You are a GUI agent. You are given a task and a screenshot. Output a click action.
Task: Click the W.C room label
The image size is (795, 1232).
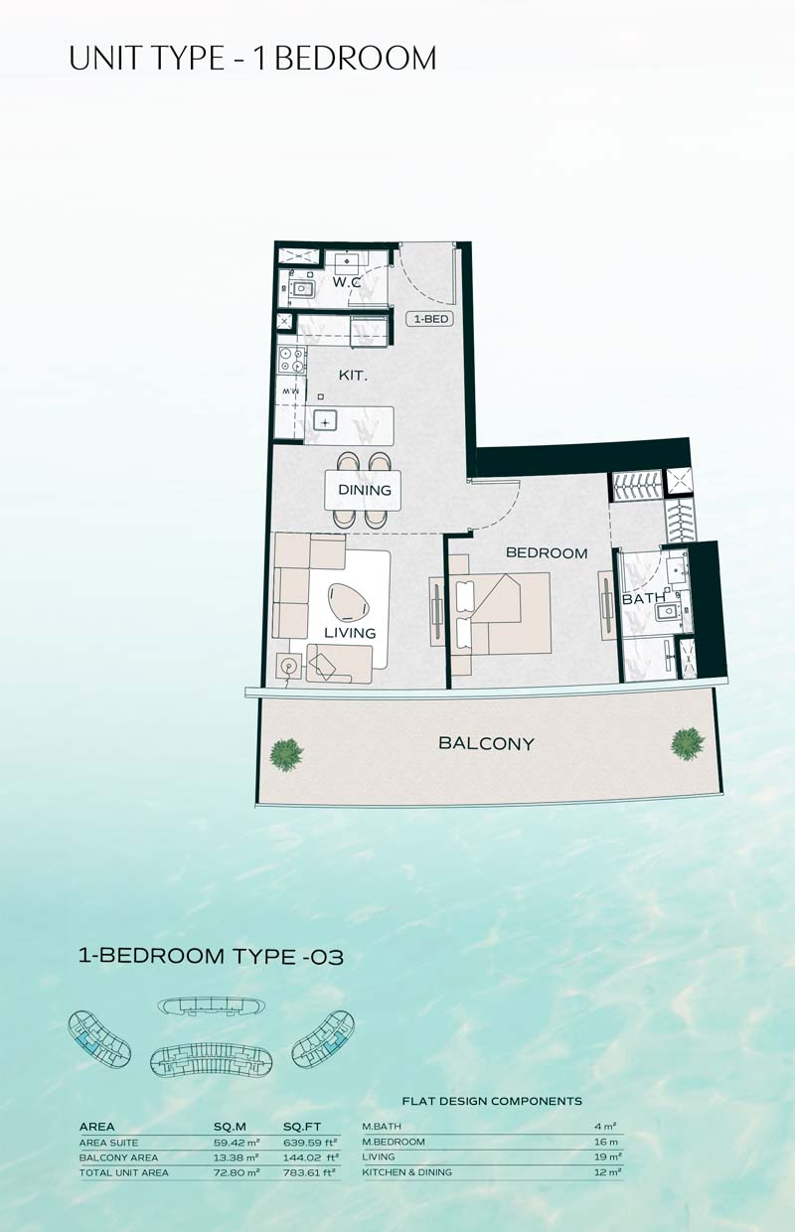coord(347,283)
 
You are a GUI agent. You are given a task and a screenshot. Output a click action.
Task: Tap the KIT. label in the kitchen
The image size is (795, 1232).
coord(353,376)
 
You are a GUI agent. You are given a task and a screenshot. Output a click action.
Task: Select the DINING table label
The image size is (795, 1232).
coord(365,490)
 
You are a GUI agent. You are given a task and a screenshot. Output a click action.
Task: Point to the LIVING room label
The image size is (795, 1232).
coord(350,633)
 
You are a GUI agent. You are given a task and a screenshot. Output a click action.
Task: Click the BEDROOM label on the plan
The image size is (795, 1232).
coord(547,553)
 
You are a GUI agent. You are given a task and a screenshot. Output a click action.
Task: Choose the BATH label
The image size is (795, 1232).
coord(643,598)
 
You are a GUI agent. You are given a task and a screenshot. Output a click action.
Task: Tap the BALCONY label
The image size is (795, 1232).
coord(486,743)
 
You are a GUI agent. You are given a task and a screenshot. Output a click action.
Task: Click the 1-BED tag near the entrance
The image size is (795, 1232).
coord(430,319)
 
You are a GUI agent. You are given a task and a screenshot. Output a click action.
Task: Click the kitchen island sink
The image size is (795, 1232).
coord(325,422)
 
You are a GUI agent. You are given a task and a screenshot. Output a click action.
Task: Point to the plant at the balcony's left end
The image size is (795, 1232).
coord(286,755)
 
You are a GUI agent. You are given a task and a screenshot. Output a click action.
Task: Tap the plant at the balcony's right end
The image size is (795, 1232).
coord(687,744)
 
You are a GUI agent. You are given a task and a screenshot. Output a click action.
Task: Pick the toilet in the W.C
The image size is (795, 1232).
coord(301,288)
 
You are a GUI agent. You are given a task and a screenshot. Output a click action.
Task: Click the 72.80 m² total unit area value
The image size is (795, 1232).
coord(237,1172)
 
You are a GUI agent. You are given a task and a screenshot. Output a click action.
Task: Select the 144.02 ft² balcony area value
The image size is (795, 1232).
coord(311,1157)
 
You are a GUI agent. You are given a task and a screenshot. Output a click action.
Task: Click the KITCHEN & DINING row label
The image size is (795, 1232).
coord(406,1172)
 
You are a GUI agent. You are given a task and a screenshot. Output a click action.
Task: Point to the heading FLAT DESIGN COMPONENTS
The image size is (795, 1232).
coord(492,1101)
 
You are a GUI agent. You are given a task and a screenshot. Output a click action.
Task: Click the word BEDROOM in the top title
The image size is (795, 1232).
coord(355,59)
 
